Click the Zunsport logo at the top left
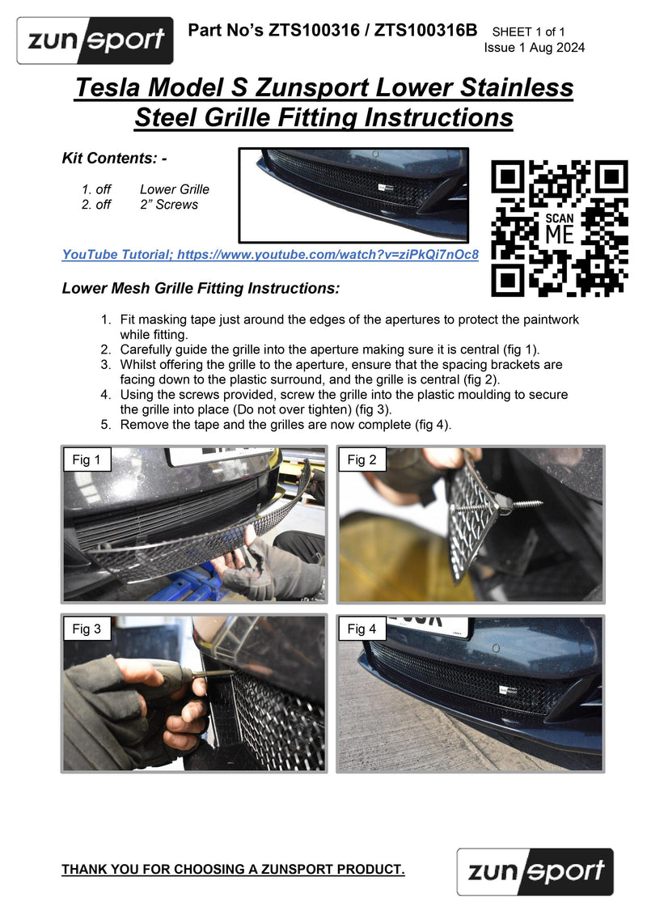click(95, 40)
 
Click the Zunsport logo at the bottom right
click(535, 871)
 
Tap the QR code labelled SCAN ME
click(560, 228)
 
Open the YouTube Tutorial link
click(270, 255)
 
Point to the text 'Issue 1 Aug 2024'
click(534, 48)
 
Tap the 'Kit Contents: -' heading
click(114, 159)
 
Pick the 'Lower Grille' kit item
click(174, 189)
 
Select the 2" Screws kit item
click(168, 205)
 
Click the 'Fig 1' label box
click(87, 460)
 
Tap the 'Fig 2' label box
click(362, 460)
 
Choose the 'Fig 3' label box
click(87, 629)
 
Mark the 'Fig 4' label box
click(362, 629)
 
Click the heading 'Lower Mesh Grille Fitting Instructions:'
click(201, 288)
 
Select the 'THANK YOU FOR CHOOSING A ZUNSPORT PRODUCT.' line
click(233, 870)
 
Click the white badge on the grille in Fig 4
click(509, 689)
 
